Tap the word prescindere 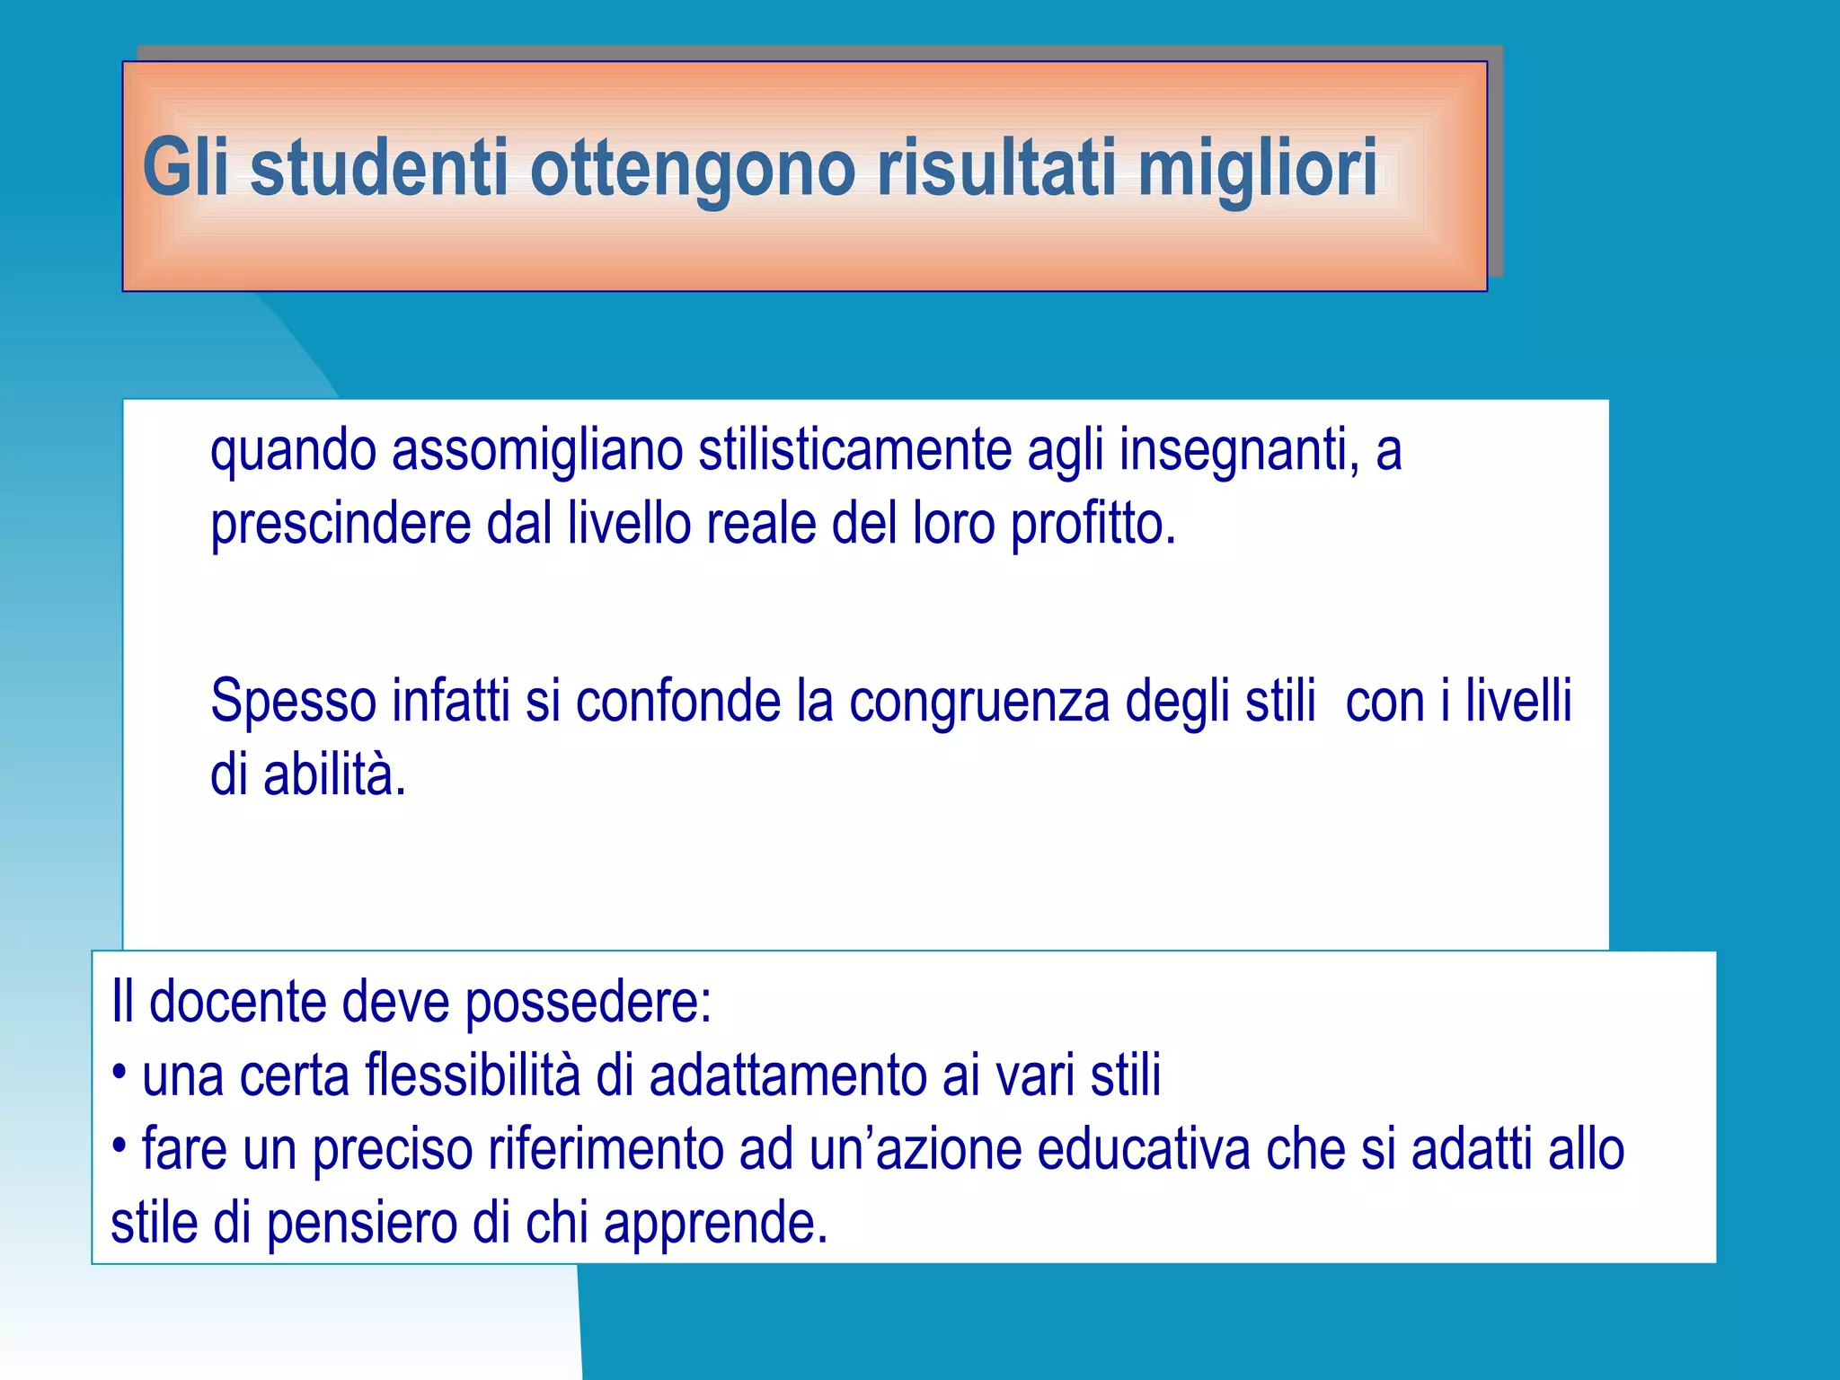[341, 526]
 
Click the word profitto [1092, 526]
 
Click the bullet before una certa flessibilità [119, 1072]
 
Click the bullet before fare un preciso [119, 1146]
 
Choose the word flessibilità [473, 1075]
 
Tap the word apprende [715, 1225]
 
